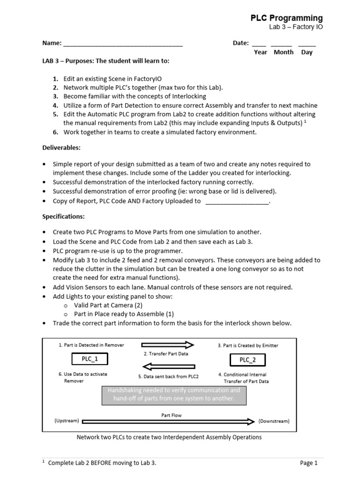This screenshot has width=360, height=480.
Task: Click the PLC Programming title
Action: click(x=286, y=18)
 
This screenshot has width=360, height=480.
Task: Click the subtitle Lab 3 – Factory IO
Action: click(x=295, y=27)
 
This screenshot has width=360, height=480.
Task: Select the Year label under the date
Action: click(x=261, y=52)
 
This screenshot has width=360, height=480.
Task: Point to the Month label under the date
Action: click(x=284, y=52)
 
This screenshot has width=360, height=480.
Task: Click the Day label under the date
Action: click(x=307, y=52)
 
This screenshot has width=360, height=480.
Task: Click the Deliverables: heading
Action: click(x=61, y=148)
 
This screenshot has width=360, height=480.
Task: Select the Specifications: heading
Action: click(x=64, y=217)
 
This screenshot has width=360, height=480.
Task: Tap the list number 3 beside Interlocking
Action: click(x=55, y=96)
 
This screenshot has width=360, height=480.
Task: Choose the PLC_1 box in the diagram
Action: click(x=89, y=359)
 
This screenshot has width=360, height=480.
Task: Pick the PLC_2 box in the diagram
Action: click(x=247, y=360)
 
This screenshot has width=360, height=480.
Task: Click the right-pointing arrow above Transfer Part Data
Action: click(x=167, y=345)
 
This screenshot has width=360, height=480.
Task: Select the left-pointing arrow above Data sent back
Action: click(x=167, y=366)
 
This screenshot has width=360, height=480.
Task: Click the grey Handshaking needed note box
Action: click(x=174, y=394)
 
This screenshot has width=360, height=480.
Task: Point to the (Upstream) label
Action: click(x=67, y=421)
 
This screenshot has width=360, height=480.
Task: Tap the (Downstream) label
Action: click(x=274, y=421)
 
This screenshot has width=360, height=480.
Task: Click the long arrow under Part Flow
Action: click(x=169, y=421)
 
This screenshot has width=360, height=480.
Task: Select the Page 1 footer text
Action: click(x=308, y=463)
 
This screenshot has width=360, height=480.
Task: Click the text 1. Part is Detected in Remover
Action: click(x=91, y=345)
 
